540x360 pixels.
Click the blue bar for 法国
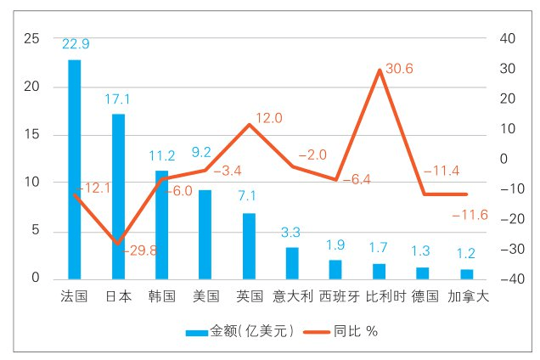pyautogui.click(x=75, y=169)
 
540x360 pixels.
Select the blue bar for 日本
pyautogui.click(x=118, y=196)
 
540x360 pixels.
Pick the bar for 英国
pyautogui.click(x=249, y=245)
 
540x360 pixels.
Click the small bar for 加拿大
pyautogui.click(x=466, y=273)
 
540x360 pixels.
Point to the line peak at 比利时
pyautogui.click(x=379, y=70)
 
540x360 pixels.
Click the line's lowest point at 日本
pyautogui.click(x=118, y=245)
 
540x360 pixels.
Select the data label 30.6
pyautogui.click(x=399, y=69)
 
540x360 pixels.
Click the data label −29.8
pyautogui.click(x=139, y=250)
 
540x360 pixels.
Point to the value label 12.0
pyautogui.click(x=268, y=118)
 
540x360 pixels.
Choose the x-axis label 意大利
pyautogui.click(x=293, y=296)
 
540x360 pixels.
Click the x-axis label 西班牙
pyautogui.click(x=336, y=296)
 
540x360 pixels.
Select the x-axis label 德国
pyautogui.click(x=423, y=296)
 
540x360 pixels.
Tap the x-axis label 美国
pyautogui.click(x=205, y=296)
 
